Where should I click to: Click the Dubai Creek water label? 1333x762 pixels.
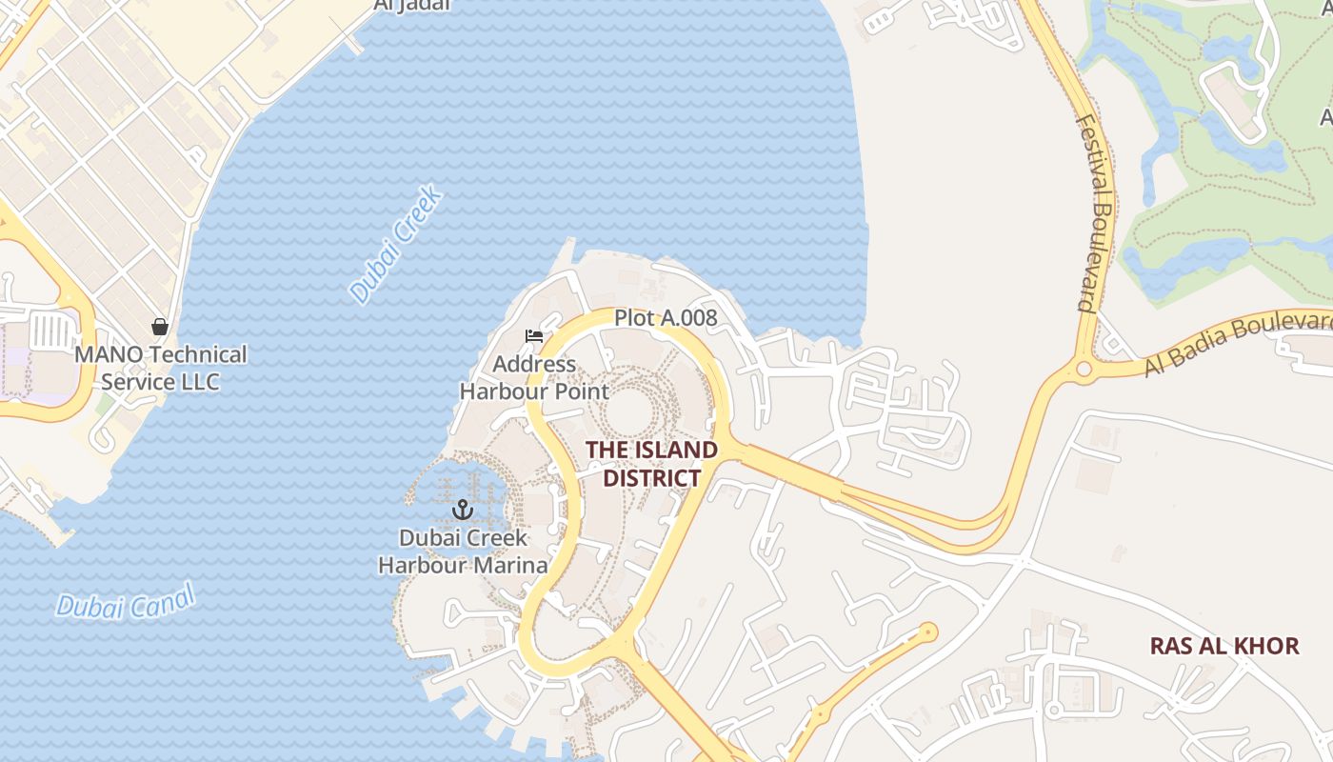pyautogui.click(x=395, y=245)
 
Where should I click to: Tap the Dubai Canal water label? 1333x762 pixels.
pyautogui.click(x=125, y=602)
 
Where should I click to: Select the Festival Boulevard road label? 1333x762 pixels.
pyautogui.click(x=1097, y=213)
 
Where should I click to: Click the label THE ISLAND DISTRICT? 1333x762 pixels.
pyautogui.click(x=651, y=463)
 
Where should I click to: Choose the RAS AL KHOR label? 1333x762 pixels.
pyautogui.click(x=1224, y=646)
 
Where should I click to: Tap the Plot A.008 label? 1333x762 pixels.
pyautogui.click(x=665, y=318)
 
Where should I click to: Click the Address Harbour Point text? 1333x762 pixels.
pyautogui.click(x=534, y=377)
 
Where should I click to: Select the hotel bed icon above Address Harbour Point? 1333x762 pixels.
pyautogui.click(x=534, y=336)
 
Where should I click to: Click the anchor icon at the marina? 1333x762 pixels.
pyautogui.click(x=463, y=510)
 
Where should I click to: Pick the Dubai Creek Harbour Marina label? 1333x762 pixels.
pyautogui.click(x=463, y=551)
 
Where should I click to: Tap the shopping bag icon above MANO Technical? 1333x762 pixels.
pyautogui.click(x=160, y=327)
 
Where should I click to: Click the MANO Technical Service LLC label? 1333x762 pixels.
pyautogui.click(x=160, y=368)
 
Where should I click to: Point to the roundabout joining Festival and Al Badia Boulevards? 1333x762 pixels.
pyautogui.click(x=1084, y=369)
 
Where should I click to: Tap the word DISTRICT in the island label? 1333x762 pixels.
pyautogui.click(x=651, y=477)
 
